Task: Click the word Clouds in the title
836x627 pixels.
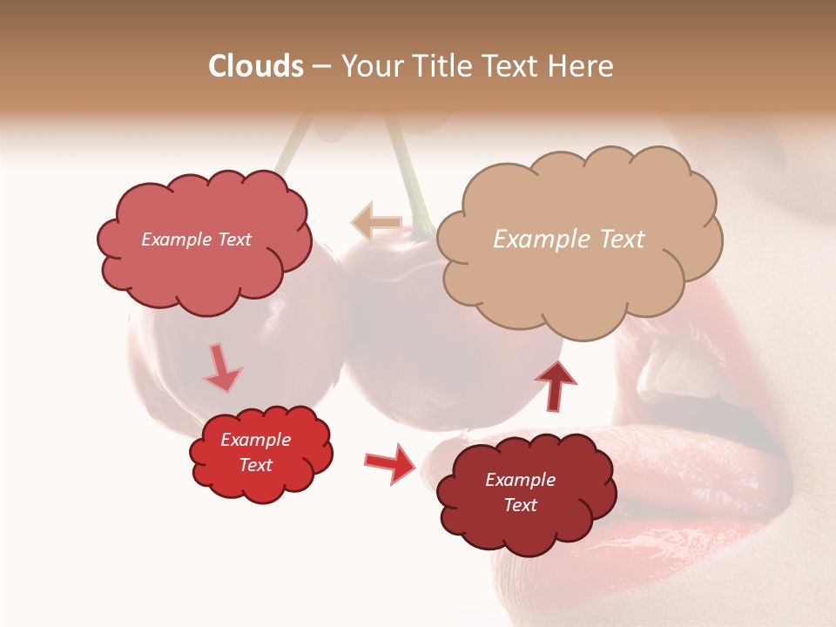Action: [255, 66]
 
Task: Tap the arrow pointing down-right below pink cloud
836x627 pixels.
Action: [222, 368]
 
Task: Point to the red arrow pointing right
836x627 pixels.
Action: [390, 463]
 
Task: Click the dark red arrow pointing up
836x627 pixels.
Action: [556, 385]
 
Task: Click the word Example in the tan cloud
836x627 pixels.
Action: [537, 239]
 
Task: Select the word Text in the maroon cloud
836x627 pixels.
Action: [521, 505]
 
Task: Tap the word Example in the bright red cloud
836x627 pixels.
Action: [255, 440]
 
